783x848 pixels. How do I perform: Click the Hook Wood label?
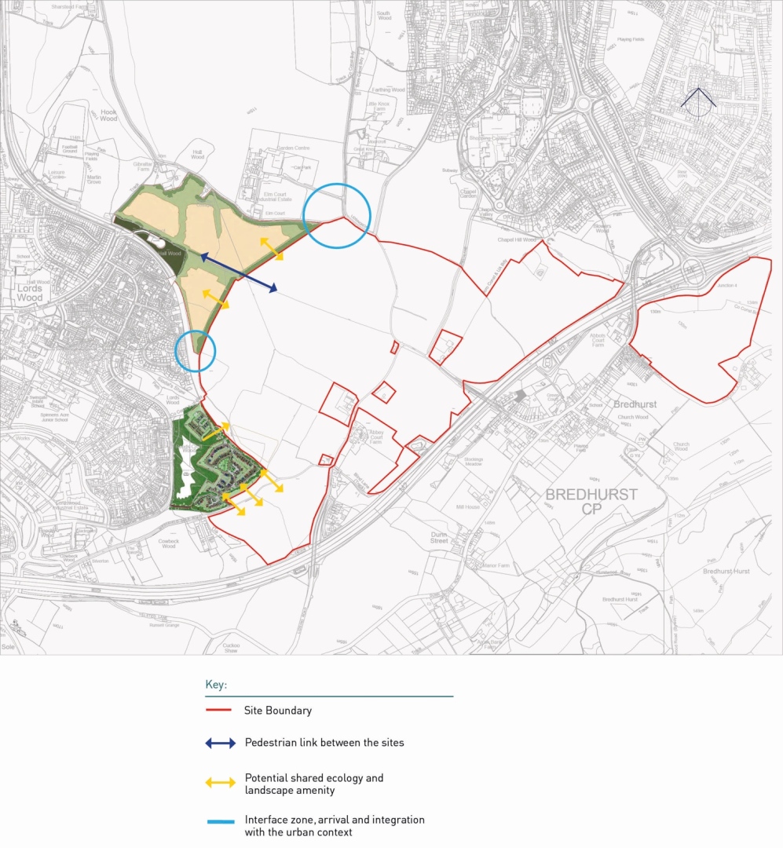pos(108,115)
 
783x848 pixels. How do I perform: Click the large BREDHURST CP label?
pos(591,501)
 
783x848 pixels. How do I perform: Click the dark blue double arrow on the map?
pos(238,272)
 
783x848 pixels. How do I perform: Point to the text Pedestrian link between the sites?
pos(324,742)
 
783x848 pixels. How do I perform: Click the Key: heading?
pos(216,685)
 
